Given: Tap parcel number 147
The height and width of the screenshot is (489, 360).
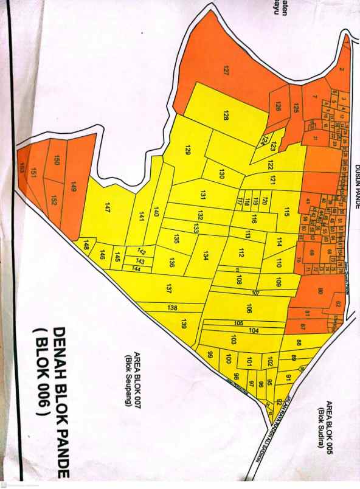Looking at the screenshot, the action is click(x=107, y=206).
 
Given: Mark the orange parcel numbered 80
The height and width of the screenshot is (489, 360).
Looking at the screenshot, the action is click(x=320, y=291).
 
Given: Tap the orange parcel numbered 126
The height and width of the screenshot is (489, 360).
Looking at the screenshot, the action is click(x=278, y=107).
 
